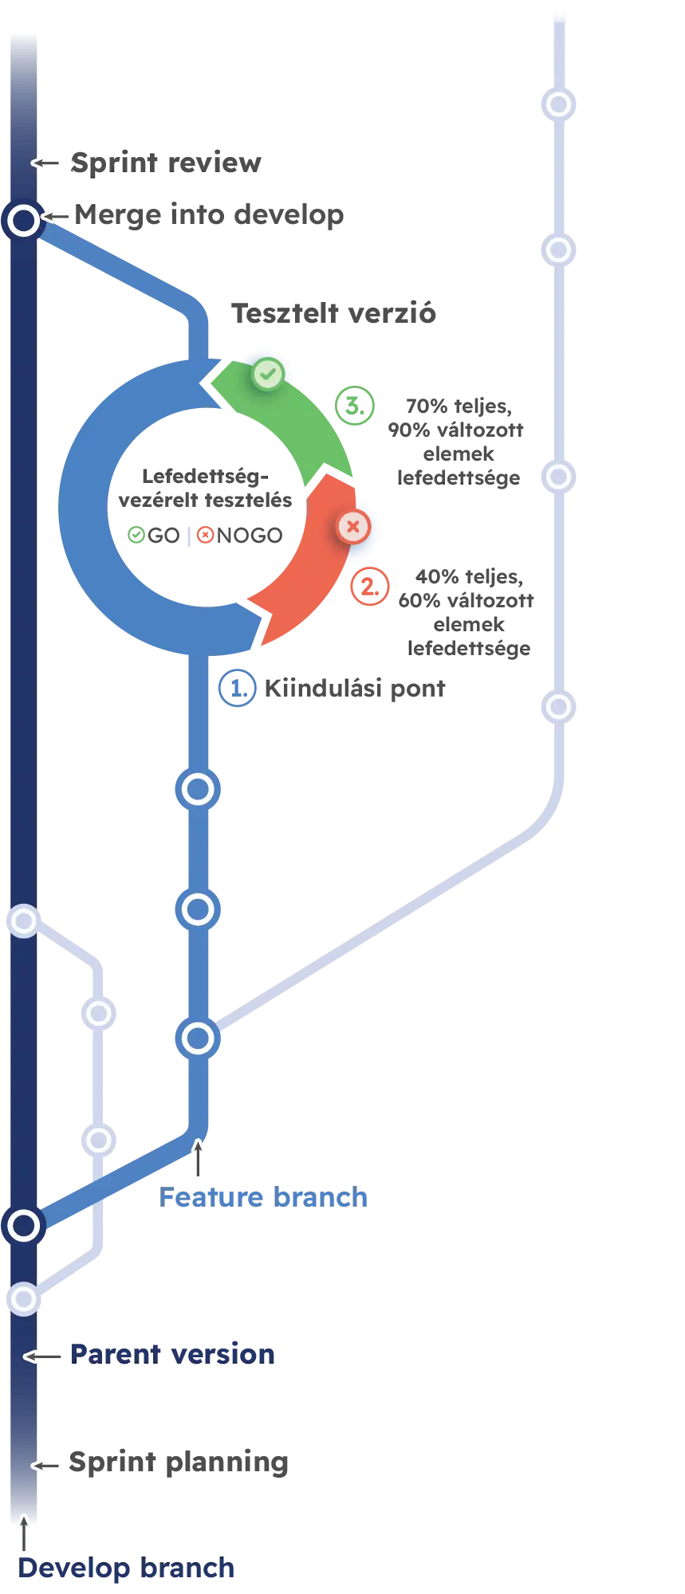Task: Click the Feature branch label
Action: click(x=263, y=1197)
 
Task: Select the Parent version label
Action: click(x=171, y=1353)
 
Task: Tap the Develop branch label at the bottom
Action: click(x=127, y=1568)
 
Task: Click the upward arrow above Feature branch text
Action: click(x=199, y=1159)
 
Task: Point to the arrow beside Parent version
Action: click(x=43, y=1356)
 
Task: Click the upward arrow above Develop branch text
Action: click(x=25, y=1533)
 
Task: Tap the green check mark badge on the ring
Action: click(x=267, y=373)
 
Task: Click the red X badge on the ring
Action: click(x=352, y=526)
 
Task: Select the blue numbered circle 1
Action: click(x=236, y=688)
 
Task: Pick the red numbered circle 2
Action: click(x=369, y=587)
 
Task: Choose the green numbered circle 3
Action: click(x=353, y=405)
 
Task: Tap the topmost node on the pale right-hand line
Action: click(x=558, y=104)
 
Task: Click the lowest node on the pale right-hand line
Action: click(x=558, y=707)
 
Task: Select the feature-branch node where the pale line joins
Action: click(x=198, y=1038)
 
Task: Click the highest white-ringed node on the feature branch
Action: click(x=198, y=789)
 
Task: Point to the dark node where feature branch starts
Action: click(x=23, y=1225)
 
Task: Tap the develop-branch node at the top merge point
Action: click(x=23, y=219)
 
